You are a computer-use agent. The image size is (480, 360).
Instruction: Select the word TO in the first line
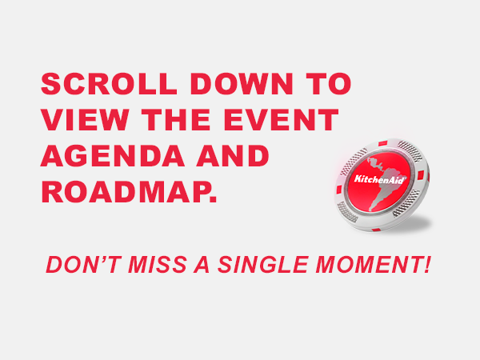tap(329, 83)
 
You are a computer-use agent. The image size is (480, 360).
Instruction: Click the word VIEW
tap(85, 120)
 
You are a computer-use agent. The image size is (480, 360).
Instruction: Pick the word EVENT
tap(281, 120)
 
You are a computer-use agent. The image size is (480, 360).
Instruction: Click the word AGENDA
tap(113, 156)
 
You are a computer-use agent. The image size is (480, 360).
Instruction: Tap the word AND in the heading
tap(233, 156)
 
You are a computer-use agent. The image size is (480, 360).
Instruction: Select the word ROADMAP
tap(126, 192)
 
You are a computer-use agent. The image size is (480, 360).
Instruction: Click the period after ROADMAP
tap(214, 200)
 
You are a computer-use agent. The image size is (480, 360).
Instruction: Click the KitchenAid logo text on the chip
tap(379, 179)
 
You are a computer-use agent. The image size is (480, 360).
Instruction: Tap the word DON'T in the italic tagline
tap(83, 265)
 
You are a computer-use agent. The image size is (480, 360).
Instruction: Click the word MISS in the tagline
tap(158, 265)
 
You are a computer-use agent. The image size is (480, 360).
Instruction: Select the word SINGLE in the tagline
tap(263, 265)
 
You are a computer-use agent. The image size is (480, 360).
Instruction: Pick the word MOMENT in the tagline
tap(368, 265)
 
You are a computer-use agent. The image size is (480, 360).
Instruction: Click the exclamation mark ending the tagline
tap(428, 265)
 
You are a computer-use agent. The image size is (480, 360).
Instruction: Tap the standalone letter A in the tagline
tap(202, 265)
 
